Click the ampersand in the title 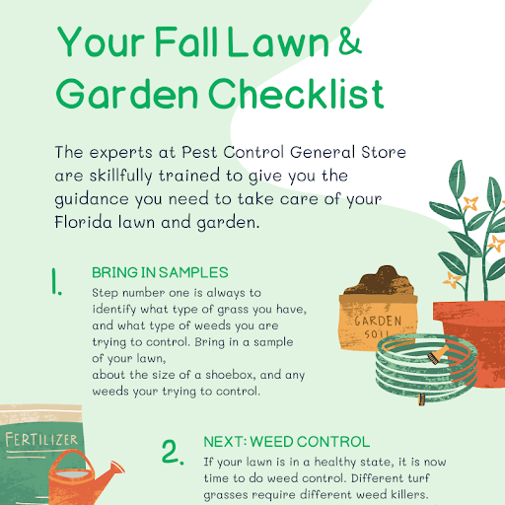coord(350,40)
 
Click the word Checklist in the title coord(296,94)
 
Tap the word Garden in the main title coord(127,94)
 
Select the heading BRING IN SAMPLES coord(160,272)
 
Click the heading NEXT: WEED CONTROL coord(287,442)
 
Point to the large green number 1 coord(56,281)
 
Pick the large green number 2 coord(173,452)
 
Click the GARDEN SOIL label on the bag coord(378,326)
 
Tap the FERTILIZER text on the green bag coord(41,440)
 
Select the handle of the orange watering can coord(71,460)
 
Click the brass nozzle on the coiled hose coord(438,354)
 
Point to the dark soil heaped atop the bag coord(380,281)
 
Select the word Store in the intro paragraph coord(384,152)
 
